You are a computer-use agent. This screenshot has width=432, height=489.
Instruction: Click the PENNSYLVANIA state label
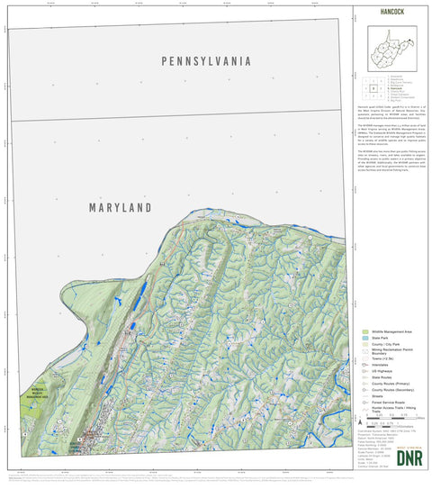click(x=205, y=61)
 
